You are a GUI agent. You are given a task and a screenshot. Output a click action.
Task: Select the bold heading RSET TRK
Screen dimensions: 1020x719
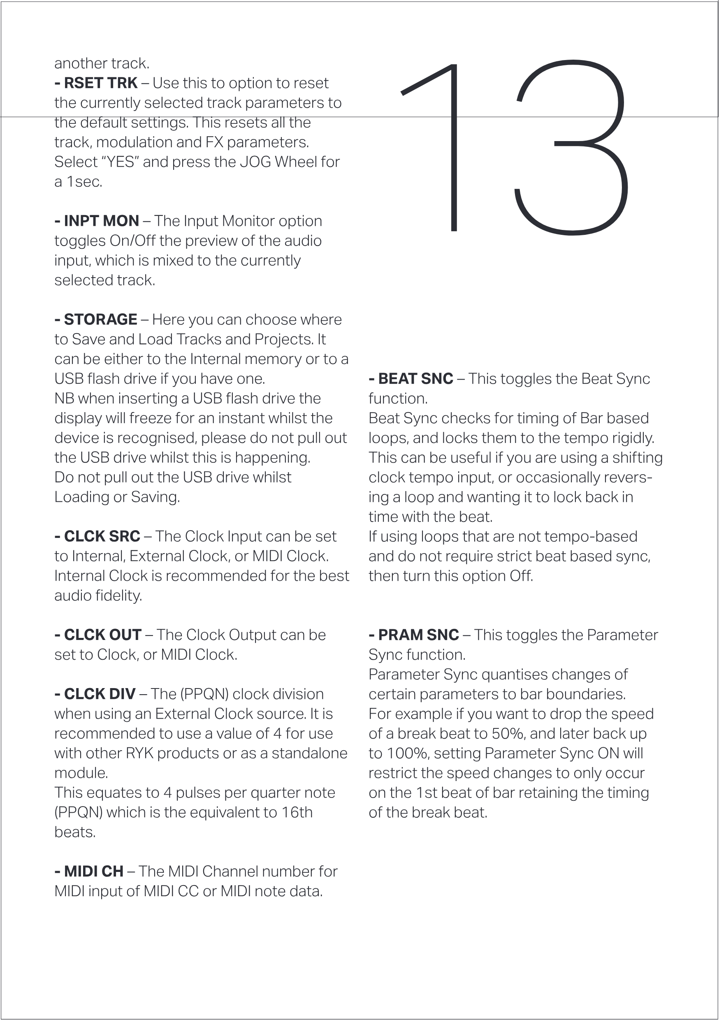click(100, 83)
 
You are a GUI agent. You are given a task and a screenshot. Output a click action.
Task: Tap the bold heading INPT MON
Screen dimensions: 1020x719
click(101, 221)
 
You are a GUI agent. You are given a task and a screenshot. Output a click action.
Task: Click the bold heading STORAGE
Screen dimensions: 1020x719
click(100, 320)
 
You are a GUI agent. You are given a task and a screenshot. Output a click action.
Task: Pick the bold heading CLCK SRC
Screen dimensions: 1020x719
click(102, 536)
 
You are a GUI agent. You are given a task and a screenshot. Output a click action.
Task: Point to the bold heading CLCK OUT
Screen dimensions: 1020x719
click(103, 635)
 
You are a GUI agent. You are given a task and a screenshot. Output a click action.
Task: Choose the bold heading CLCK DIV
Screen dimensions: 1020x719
click(100, 694)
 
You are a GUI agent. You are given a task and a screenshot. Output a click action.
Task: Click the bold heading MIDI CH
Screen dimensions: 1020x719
click(93, 872)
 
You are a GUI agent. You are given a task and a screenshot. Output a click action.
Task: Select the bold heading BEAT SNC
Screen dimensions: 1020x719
click(415, 378)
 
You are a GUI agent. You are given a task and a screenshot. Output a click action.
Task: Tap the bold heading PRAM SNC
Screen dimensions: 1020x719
click(418, 635)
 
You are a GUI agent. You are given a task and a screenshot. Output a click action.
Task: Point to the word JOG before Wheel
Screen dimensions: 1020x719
click(255, 162)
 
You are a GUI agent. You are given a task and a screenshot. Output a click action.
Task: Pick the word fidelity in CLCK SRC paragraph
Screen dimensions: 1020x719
click(120, 596)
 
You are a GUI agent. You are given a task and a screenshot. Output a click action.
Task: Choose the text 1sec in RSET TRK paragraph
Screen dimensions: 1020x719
click(84, 182)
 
